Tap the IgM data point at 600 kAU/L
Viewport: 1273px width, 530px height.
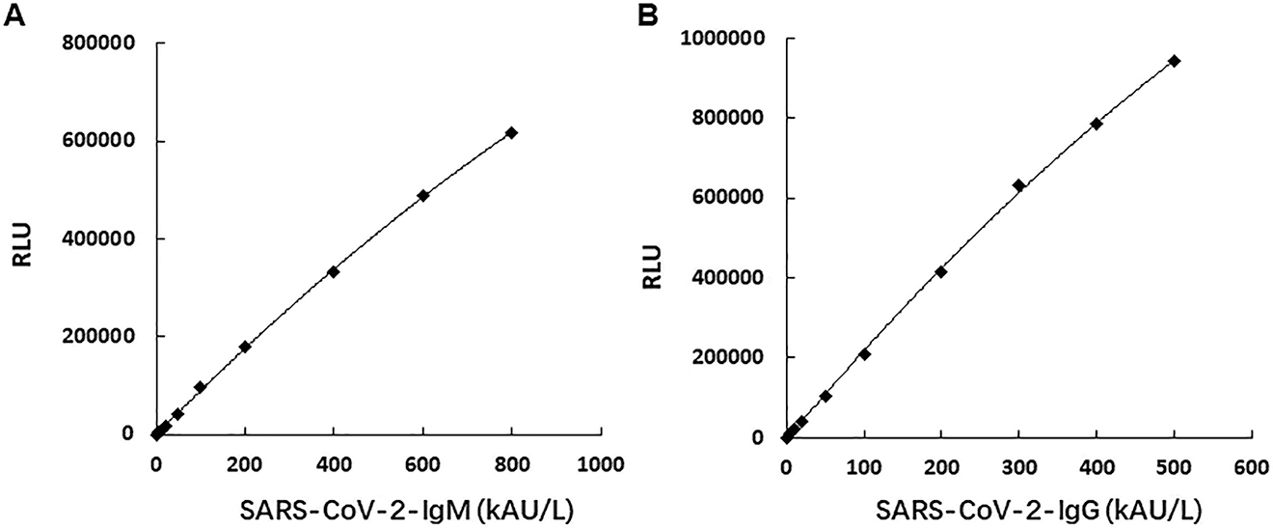coord(422,195)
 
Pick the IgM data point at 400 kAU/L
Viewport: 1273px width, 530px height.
coord(334,271)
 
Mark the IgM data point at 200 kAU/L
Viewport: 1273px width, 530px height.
coord(245,347)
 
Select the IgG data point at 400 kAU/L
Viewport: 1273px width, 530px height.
coord(1097,124)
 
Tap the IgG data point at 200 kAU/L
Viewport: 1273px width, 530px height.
coord(941,271)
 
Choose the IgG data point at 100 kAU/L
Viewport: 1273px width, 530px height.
coord(864,354)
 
